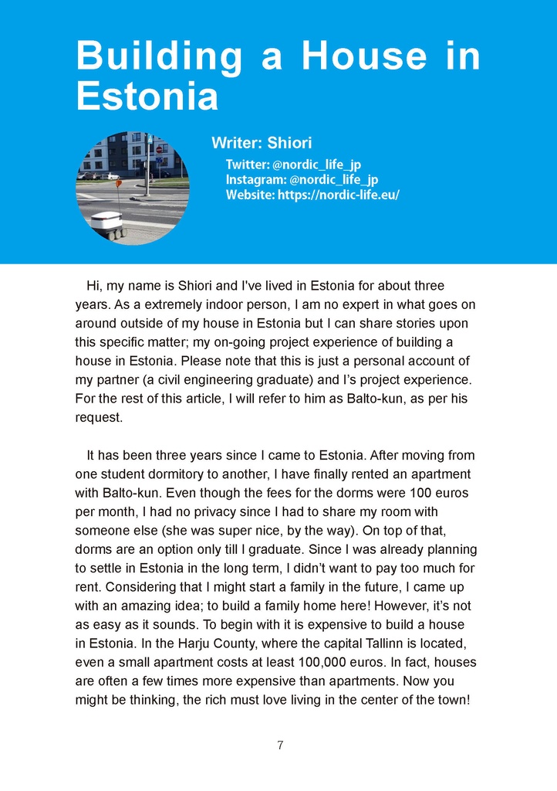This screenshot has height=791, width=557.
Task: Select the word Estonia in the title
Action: pos(147,97)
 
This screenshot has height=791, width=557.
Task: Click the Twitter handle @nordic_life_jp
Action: pos(316,164)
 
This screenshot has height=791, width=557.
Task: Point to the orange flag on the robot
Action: pos(118,184)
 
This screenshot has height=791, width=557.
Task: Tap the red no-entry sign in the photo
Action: pos(160,150)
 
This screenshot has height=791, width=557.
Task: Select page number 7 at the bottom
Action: pos(279,745)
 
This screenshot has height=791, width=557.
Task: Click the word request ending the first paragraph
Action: pos(98,417)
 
